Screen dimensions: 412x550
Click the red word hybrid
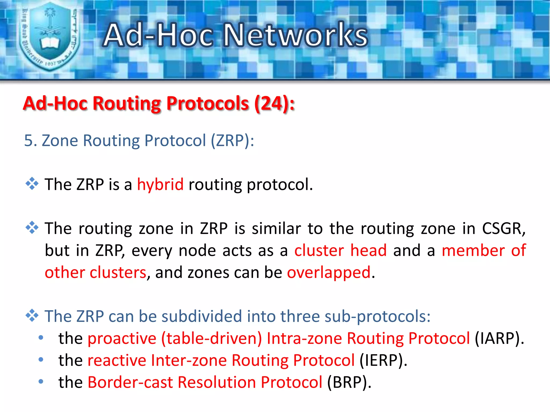tap(160, 185)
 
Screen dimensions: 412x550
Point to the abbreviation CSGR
tap(503, 229)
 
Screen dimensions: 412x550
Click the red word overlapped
tap(329, 273)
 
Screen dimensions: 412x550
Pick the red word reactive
tap(117, 360)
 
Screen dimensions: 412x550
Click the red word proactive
tap(122, 339)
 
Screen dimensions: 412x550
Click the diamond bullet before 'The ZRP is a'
tap(32, 184)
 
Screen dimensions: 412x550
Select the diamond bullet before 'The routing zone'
tap(32, 228)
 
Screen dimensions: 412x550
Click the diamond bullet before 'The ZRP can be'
tap(32, 315)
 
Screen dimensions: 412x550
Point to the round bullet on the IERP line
tap(41, 359)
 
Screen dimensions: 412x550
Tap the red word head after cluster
tap(368, 251)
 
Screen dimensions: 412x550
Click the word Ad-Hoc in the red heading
tap(55, 104)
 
